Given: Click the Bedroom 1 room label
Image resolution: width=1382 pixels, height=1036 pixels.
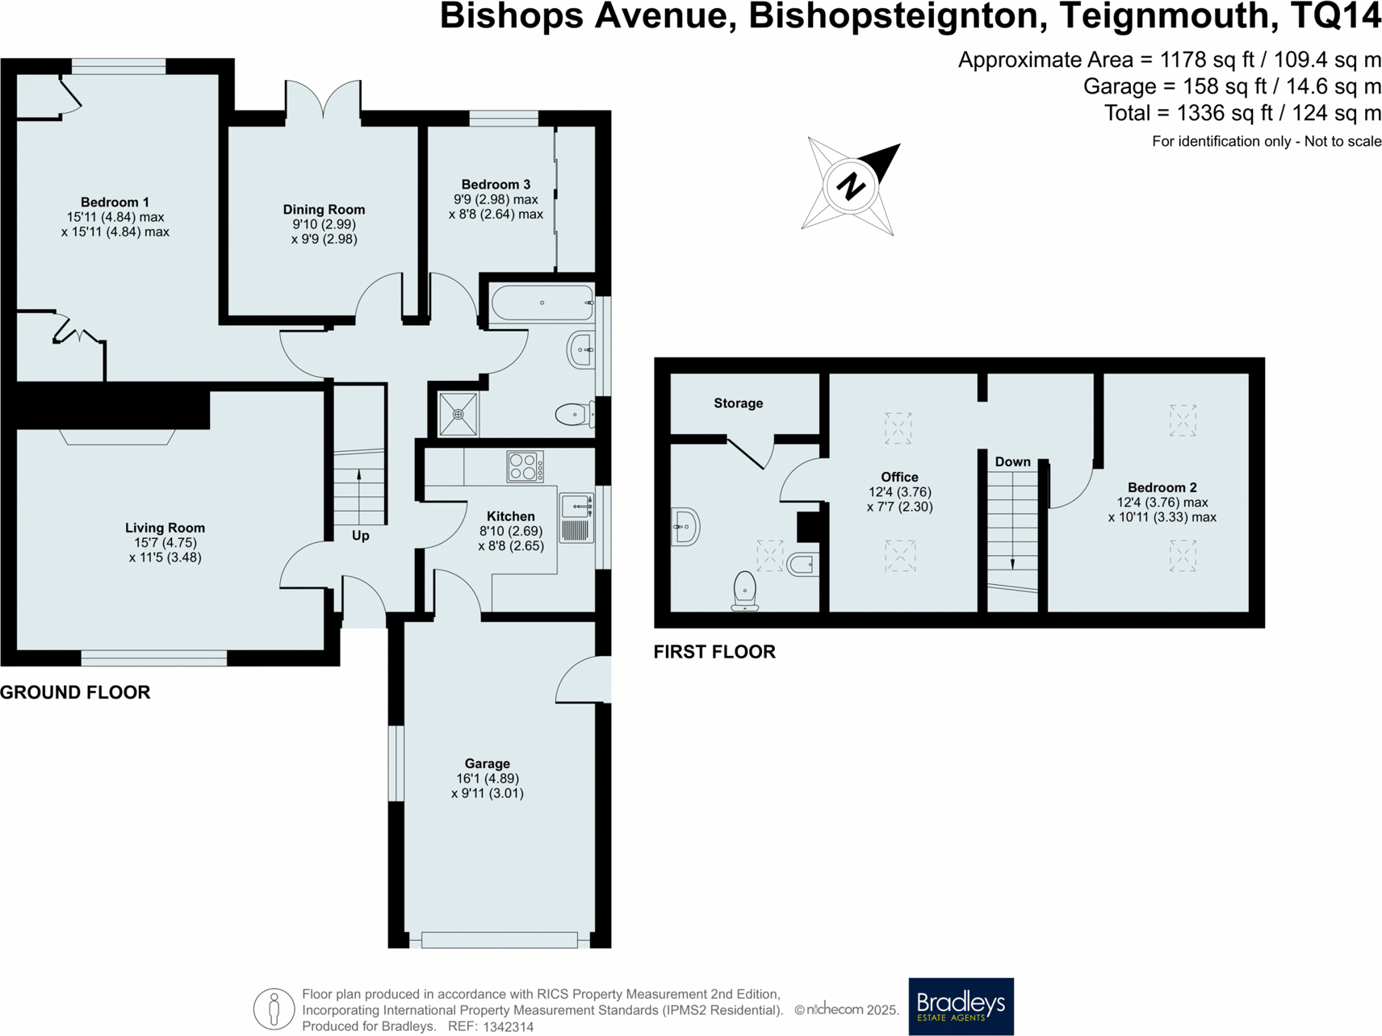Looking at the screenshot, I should point(115,202).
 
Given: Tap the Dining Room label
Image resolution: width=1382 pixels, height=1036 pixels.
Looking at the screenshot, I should point(324,210).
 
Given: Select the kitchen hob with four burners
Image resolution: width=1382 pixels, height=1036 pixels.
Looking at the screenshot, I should point(525,467).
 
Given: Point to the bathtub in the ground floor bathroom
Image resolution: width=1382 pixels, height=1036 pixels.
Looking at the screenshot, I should point(542,303).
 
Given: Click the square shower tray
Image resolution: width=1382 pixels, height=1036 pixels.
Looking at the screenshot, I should point(458,414).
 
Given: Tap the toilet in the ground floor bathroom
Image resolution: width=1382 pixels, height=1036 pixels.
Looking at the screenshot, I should point(573,415).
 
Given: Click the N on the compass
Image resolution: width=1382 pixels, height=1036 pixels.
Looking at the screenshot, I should point(851,186).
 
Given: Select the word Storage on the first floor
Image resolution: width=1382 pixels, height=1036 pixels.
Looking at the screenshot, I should point(738,403).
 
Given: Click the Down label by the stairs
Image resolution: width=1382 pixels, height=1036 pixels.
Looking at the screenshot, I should point(1012,462).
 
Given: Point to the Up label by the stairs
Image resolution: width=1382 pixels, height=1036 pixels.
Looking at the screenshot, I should point(360,536).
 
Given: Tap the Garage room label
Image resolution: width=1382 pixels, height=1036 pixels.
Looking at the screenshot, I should point(487,763).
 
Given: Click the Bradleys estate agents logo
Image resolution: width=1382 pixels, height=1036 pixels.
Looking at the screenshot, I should point(961,1006).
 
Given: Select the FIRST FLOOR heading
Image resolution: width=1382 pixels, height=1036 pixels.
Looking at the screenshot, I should point(714,652).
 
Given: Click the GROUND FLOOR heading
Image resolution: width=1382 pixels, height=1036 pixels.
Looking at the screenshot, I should point(75,692).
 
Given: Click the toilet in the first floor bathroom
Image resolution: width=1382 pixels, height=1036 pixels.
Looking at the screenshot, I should point(744,591).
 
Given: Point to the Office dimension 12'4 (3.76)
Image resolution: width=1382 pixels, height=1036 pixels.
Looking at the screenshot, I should point(899,492).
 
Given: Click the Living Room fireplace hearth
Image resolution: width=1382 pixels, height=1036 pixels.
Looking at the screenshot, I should point(118,437).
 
